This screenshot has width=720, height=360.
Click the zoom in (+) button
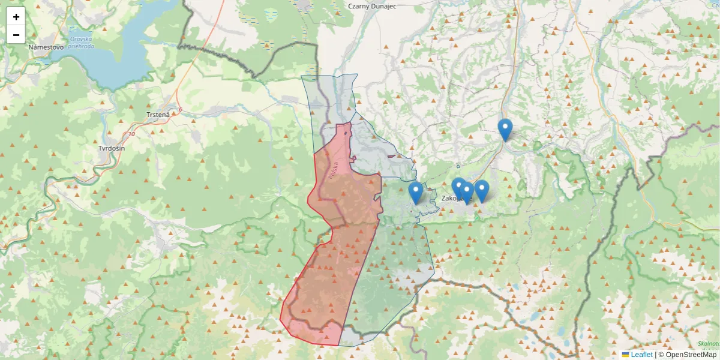(x=16, y=17)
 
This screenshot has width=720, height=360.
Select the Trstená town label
(x=158, y=114)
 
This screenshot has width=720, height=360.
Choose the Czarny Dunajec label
(x=372, y=6)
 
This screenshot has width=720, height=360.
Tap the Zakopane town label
(x=456, y=198)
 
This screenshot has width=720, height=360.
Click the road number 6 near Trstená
(x=179, y=109)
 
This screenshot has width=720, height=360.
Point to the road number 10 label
(x=131, y=134)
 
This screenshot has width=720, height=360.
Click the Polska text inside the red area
(x=334, y=172)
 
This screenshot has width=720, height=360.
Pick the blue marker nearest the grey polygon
(x=415, y=193)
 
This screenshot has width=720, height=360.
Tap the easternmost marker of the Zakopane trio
(x=481, y=190)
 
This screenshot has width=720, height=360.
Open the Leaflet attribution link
(x=641, y=355)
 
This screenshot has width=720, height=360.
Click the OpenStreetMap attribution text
(x=691, y=355)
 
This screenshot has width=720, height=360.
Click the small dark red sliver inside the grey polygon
(x=392, y=156)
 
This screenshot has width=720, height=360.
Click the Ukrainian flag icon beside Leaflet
(x=625, y=355)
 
